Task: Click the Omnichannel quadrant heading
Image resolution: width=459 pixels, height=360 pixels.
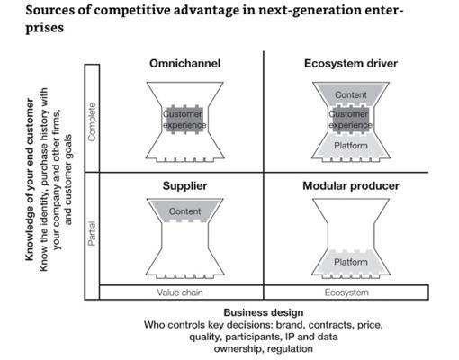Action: click(184, 63)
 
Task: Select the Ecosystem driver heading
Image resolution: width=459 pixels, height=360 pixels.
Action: click(351, 63)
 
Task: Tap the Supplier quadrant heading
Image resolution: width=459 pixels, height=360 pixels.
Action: click(184, 185)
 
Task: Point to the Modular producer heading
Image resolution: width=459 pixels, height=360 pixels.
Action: click(351, 185)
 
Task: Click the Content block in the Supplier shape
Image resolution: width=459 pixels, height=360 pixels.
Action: click(184, 211)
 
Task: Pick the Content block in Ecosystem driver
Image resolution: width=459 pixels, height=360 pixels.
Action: click(351, 94)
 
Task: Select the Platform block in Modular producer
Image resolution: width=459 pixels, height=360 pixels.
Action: click(351, 262)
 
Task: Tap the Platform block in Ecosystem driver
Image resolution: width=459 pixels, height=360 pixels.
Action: click(351, 146)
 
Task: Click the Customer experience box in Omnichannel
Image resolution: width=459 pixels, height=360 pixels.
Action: click(184, 120)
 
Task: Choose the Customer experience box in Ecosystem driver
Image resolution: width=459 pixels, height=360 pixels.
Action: click(351, 120)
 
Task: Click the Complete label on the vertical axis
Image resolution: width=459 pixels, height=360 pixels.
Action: click(92, 121)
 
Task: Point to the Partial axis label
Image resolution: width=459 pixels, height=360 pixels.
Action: click(92, 234)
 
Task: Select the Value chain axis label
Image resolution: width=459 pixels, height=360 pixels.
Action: click(180, 292)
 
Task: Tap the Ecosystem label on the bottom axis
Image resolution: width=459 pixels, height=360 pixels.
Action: click(346, 292)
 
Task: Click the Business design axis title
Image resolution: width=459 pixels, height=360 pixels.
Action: click(264, 312)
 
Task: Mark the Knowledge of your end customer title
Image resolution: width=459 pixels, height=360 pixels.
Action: click(30, 179)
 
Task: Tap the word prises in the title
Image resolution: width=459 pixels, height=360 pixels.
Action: click(44, 28)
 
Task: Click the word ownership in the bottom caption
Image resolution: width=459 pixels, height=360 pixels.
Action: click(238, 349)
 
